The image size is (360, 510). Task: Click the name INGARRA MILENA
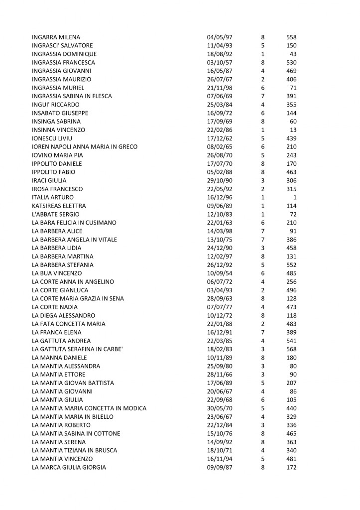[x=56, y=37]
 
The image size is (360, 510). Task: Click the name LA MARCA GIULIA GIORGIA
[x=69, y=467]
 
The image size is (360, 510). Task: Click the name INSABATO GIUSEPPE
[x=56, y=113]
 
